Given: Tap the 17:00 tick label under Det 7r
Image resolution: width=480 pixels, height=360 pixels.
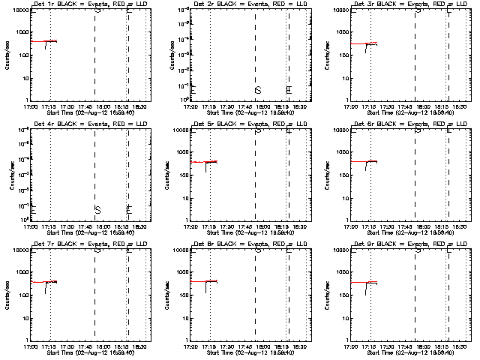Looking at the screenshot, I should click(x=31, y=347).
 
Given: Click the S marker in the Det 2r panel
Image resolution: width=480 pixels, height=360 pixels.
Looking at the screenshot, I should click(x=258, y=91).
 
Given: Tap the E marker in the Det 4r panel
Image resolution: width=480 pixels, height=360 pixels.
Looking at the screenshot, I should click(x=128, y=209).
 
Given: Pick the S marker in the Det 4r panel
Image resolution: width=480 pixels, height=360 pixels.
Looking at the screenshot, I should click(x=97, y=209).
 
